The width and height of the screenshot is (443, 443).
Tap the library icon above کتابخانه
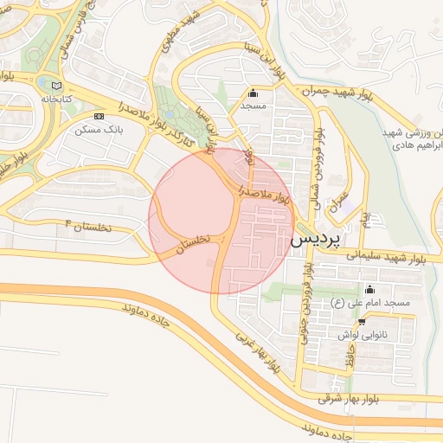coord(56,86)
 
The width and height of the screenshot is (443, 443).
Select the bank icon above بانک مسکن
coord(99,115)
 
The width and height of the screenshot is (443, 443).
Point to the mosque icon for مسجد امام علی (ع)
coord(370,289)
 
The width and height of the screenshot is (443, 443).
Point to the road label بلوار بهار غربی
coord(259,351)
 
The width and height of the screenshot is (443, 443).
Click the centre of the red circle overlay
coord(221,221)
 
